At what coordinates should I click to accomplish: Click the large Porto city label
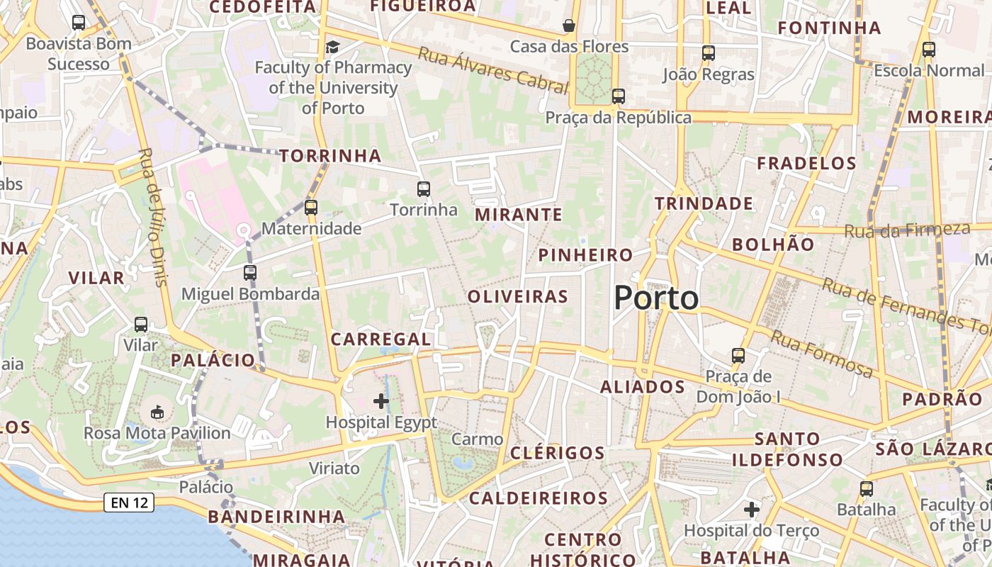[x=656, y=298]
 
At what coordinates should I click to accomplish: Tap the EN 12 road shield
[x=129, y=503]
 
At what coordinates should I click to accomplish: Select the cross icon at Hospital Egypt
[x=381, y=401]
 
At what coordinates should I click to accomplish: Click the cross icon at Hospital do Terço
[x=752, y=509]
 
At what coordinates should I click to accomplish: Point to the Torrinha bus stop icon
[x=424, y=189]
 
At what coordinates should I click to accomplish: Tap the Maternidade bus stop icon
[x=311, y=207]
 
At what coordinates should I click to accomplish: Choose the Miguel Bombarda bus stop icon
[x=249, y=272]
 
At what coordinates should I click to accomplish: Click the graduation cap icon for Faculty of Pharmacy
[x=332, y=47]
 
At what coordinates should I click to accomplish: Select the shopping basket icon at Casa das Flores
[x=569, y=26]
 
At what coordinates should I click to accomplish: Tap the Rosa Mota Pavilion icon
[x=157, y=412]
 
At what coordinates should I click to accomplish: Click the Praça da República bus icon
[x=619, y=96]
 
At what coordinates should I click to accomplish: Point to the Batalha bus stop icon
[x=866, y=488]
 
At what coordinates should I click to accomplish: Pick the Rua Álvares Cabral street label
[x=493, y=71]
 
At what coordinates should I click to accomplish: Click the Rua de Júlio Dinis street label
[x=152, y=217]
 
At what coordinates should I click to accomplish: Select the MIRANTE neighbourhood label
[x=519, y=214]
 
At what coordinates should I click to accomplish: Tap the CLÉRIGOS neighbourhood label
[x=558, y=453]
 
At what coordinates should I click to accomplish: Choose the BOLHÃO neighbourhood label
[x=773, y=245]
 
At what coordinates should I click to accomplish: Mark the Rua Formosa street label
[x=822, y=354]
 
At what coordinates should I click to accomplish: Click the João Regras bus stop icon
[x=708, y=53]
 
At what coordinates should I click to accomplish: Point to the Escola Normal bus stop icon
[x=928, y=50]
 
